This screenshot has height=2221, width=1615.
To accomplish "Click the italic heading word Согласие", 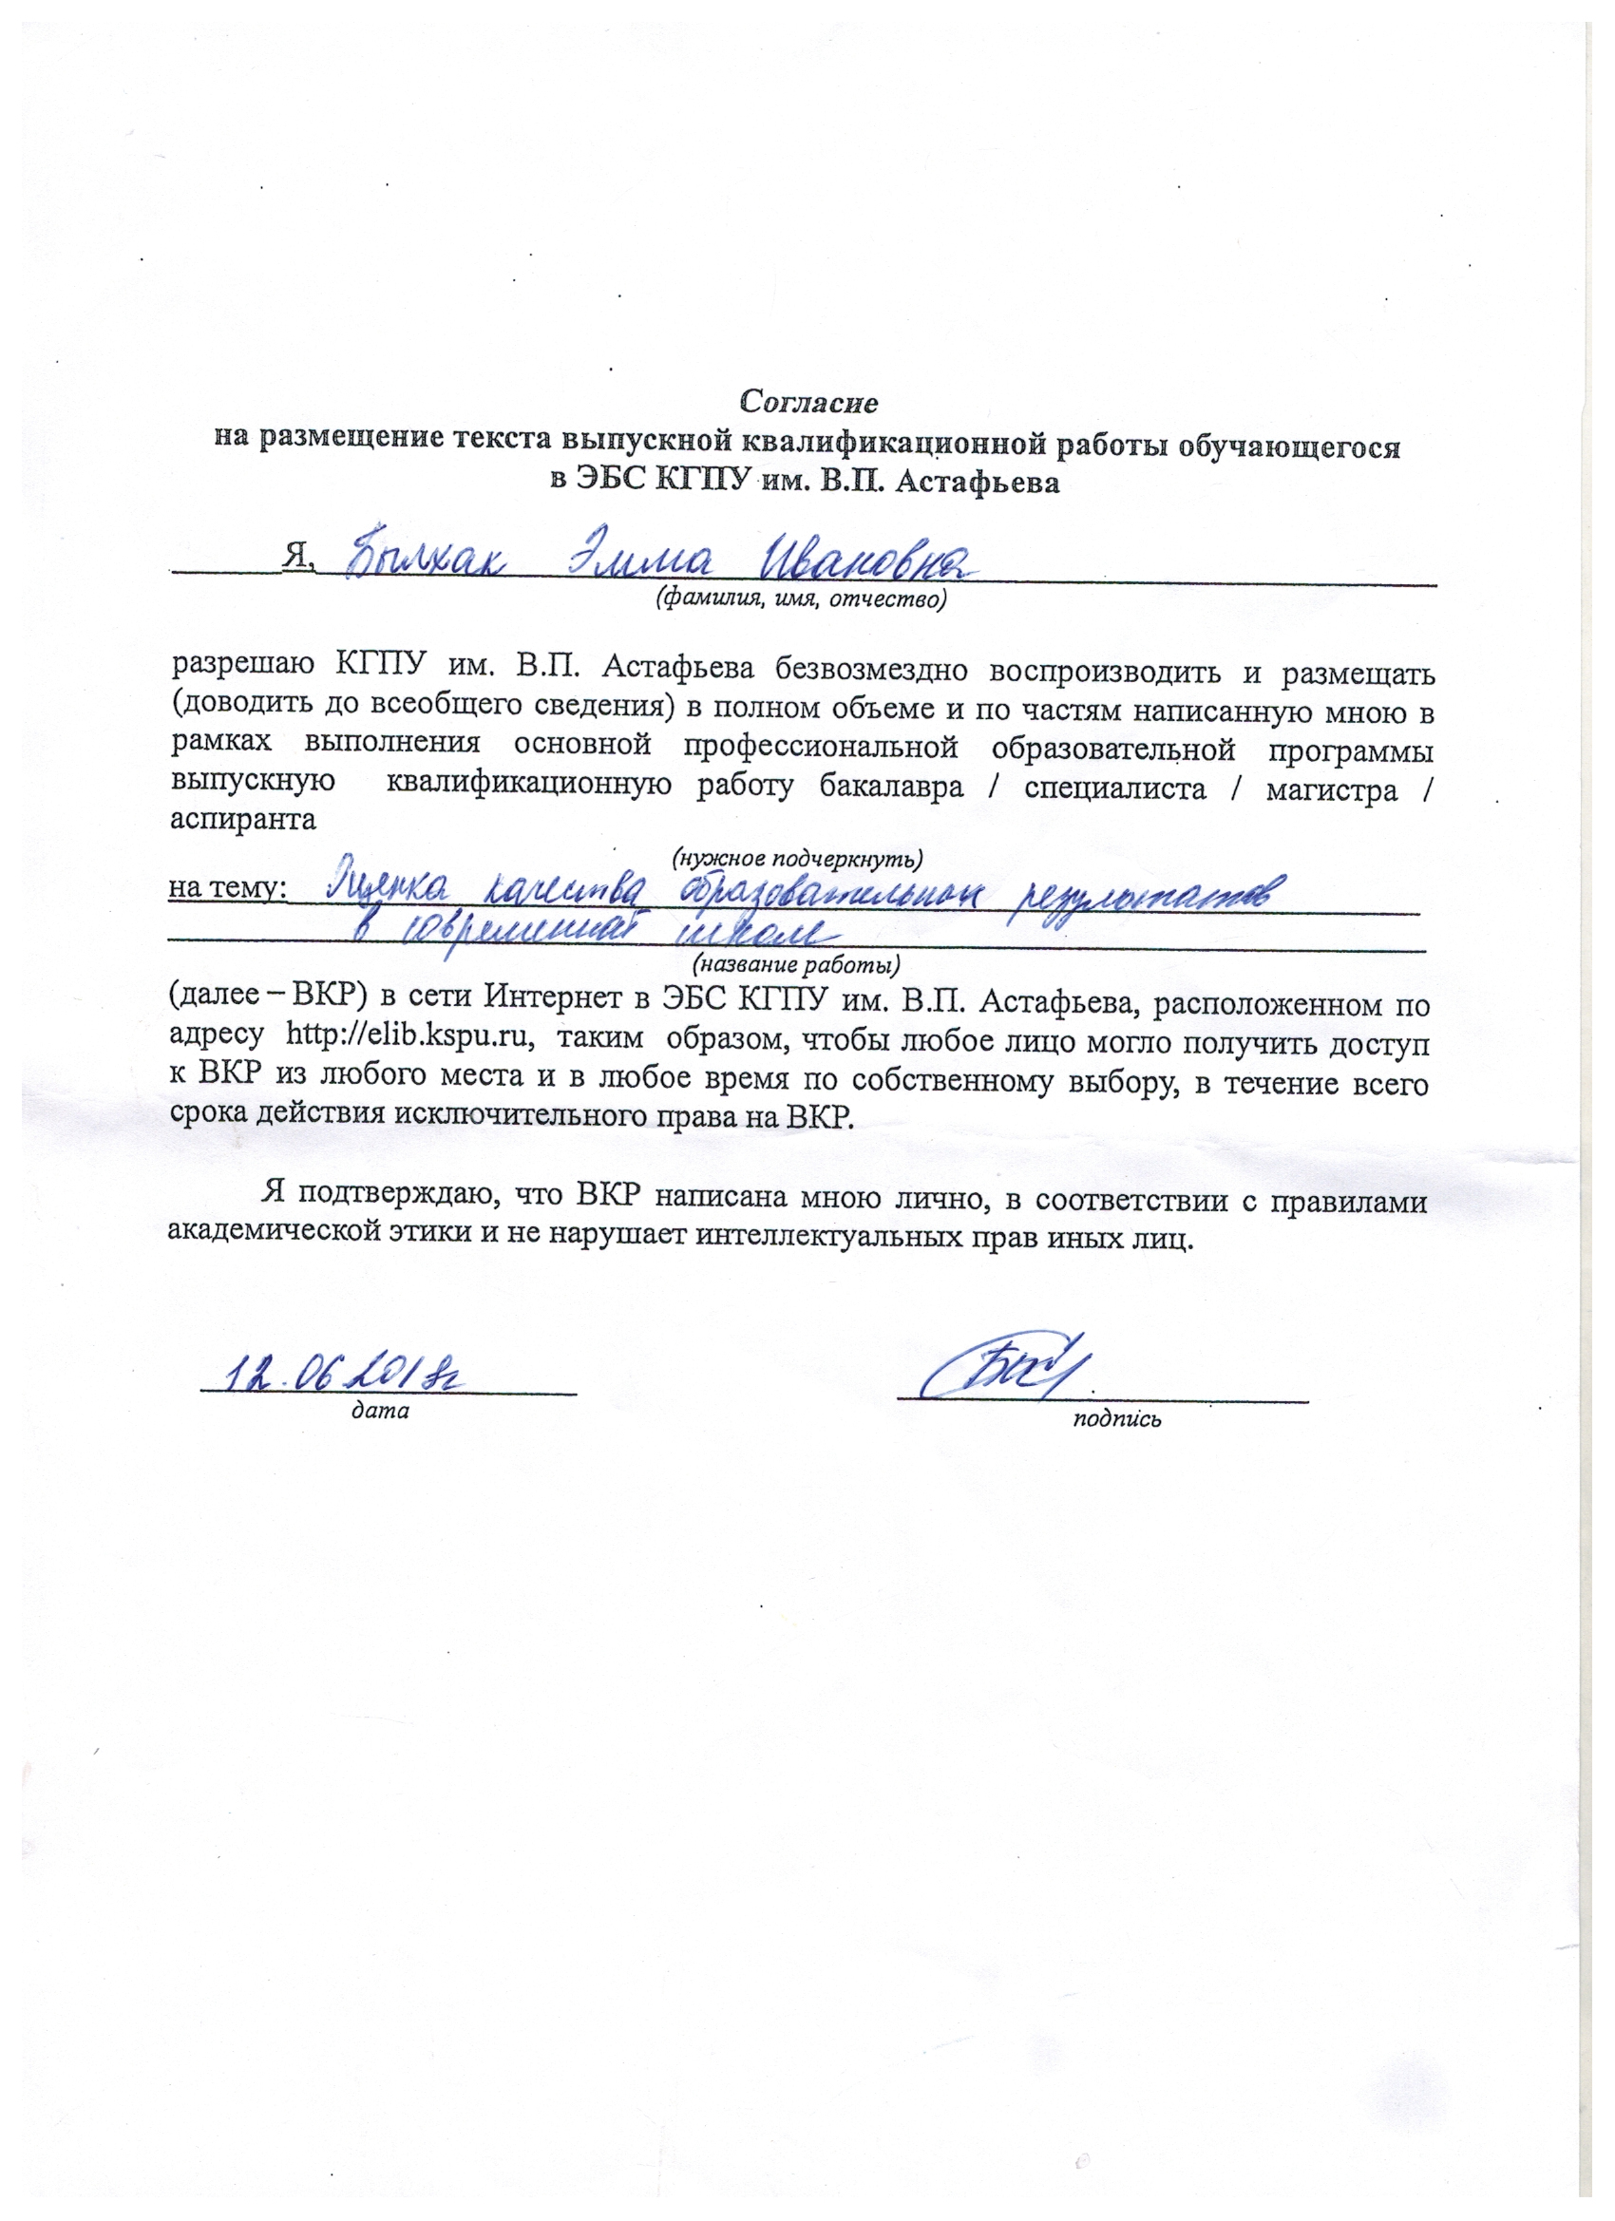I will [808, 402].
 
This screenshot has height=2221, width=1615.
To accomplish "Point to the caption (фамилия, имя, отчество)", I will [800, 598].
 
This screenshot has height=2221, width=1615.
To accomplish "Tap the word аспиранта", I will [243, 820].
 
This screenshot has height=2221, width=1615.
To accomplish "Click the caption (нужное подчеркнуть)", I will [796, 859].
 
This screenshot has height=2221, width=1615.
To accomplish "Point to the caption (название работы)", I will [795, 965].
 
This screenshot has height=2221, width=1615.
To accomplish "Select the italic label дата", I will [380, 1411].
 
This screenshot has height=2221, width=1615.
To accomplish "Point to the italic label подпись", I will [1116, 1418].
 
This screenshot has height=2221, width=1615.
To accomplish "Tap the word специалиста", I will [1115, 788].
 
